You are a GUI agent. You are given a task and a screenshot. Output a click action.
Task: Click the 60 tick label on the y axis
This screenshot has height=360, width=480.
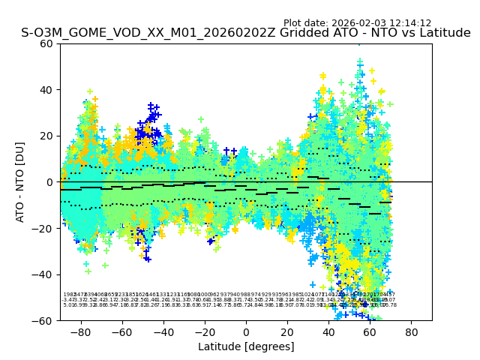point(47,43)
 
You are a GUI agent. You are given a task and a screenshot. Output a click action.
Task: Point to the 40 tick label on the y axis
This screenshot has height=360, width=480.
point(47,90)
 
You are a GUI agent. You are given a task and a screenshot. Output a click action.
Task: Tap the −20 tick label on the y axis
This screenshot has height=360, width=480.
point(43,229)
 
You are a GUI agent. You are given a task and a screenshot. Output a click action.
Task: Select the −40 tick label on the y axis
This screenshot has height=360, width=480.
point(43,274)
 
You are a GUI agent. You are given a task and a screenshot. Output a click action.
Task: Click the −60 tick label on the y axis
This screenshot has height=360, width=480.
point(43,321)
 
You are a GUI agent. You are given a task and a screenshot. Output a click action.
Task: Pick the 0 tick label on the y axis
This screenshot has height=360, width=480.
point(50,182)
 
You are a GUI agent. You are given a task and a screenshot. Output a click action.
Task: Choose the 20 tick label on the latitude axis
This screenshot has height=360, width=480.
point(287,331)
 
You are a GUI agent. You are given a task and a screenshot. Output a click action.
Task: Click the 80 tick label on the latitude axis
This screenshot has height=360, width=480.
point(412,331)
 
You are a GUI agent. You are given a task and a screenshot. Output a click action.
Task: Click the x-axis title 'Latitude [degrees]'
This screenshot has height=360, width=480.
point(246,346)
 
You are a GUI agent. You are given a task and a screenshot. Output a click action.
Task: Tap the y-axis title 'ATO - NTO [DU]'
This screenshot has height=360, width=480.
point(20,182)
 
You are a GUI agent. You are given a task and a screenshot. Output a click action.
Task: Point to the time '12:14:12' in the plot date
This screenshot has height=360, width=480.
point(409,23)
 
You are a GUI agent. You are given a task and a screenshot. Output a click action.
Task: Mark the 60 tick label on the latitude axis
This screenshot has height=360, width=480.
point(370,331)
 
